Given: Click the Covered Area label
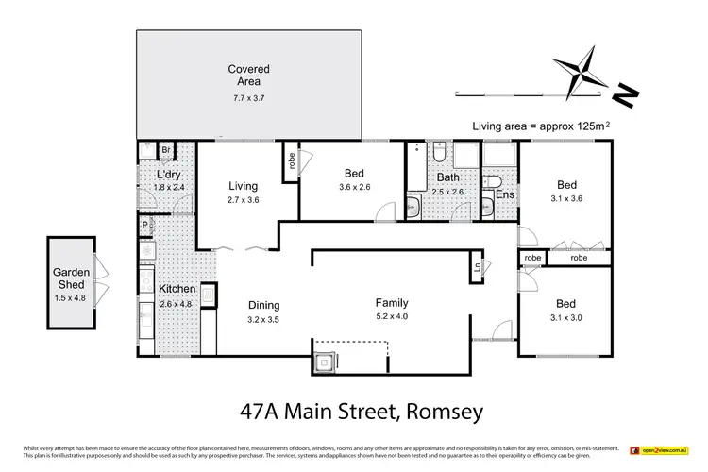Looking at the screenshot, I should [248, 76].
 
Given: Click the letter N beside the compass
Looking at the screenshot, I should [625, 94].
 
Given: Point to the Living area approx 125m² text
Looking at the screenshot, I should [537, 126].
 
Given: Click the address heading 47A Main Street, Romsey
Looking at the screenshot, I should [353, 411].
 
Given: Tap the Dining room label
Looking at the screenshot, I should [263, 305].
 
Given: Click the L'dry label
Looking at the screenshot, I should [169, 177].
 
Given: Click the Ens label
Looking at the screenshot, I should [505, 195].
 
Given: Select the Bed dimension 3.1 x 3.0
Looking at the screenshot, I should [565, 318].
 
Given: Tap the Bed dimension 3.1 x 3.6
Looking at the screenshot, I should [566, 199].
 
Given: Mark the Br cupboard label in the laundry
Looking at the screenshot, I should [164, 150].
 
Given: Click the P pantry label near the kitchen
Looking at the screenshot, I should [144, 226].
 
